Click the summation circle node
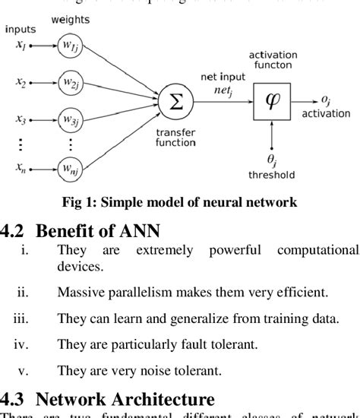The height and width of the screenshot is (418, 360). pos(174,101)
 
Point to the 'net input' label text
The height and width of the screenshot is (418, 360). pos(220,76)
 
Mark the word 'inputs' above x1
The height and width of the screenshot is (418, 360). pos(20,29)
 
